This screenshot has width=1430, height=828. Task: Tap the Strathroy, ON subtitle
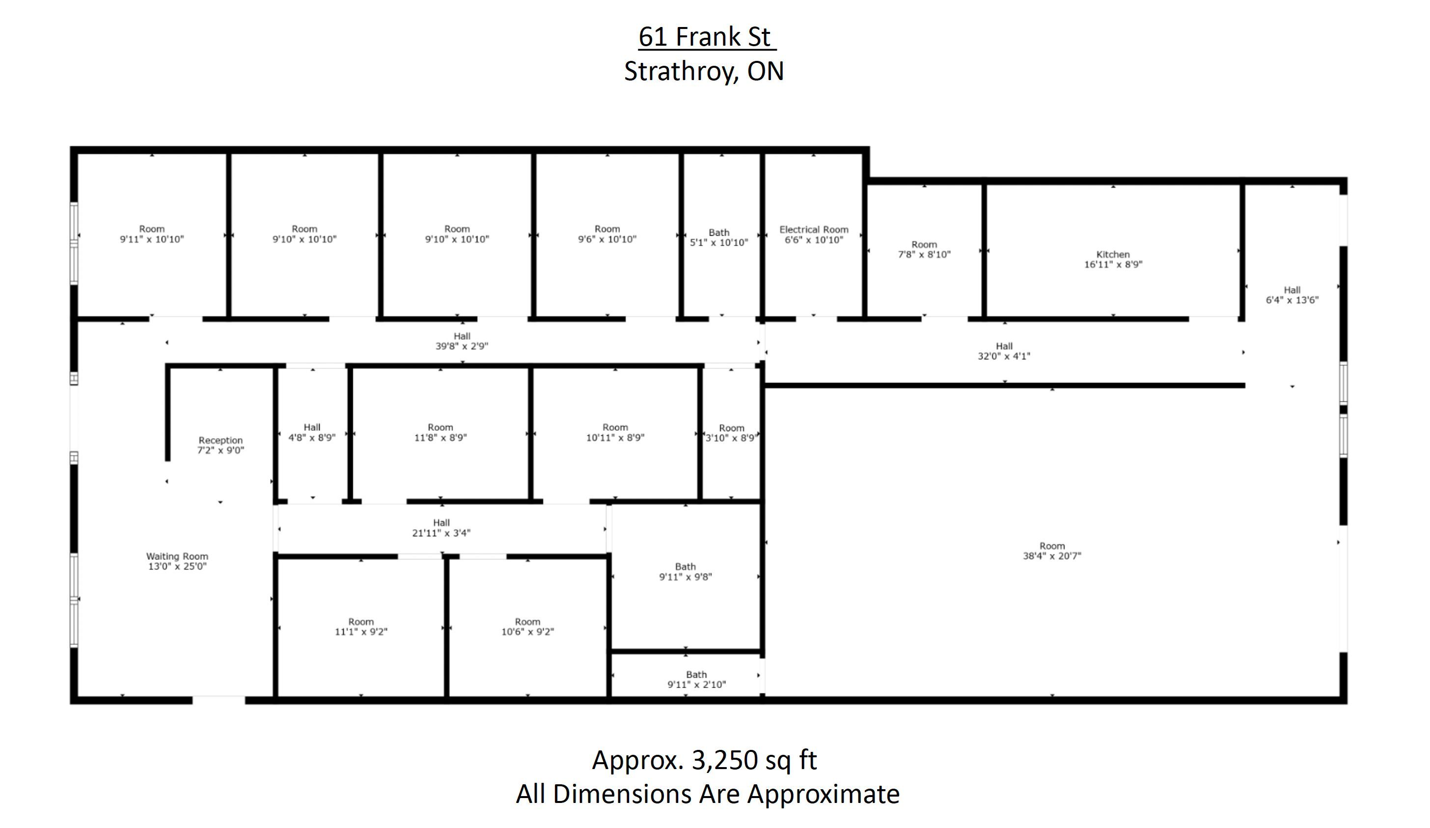[704, 71]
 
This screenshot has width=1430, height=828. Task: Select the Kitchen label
[1113, 254]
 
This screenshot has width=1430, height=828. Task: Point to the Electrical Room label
[814, 229]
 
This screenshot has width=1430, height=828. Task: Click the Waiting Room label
[177, 556]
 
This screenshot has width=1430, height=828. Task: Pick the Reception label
[220, 441]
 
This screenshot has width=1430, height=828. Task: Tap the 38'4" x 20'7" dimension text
[1052, 555]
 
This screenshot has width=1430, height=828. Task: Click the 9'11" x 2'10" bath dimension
[696, 685]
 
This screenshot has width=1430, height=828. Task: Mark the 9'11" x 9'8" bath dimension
[686, 577]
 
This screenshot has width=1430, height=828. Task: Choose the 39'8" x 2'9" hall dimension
[462, 346]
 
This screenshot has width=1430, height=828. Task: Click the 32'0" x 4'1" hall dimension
[1004, 357]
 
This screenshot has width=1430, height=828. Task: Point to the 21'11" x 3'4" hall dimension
[441, 533]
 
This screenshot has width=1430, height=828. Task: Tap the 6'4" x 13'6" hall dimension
[1292, 300]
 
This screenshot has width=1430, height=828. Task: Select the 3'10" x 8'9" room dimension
[731, 438]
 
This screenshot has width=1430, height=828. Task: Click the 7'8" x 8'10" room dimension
[924, 255]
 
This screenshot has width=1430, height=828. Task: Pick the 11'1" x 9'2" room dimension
[361, 632]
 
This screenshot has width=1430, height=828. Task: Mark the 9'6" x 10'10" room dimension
[607, 240]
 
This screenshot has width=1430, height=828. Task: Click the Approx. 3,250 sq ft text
[704, 760]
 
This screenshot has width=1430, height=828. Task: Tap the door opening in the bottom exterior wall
[219, 700]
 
